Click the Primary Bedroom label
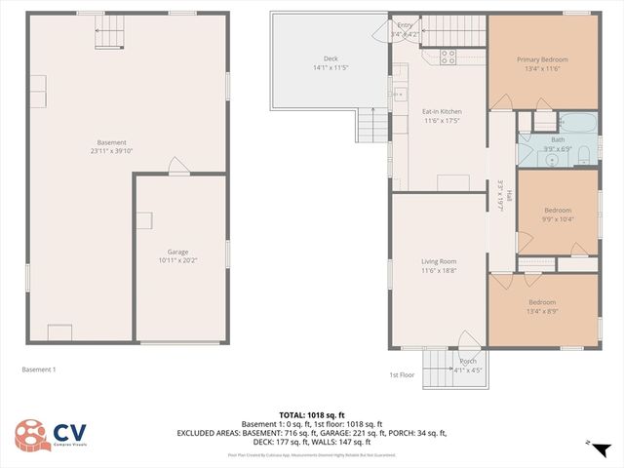click(x=542, y=59)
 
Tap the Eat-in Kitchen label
click(x=442, y=111)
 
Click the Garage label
click(x=177, y=252)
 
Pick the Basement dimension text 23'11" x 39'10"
click(x=111, y=150)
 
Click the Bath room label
click(x=558, y=139)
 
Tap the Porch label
click(x=469, y=362)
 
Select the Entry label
click(x=404, y=26)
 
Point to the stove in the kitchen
click(x=448, y=57)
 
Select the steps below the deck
click(x=371, y=125)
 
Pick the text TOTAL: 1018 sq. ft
click(x=312, y=414)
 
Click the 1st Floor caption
click(x=402, y=375)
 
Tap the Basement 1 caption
click(x=39, y=370)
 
